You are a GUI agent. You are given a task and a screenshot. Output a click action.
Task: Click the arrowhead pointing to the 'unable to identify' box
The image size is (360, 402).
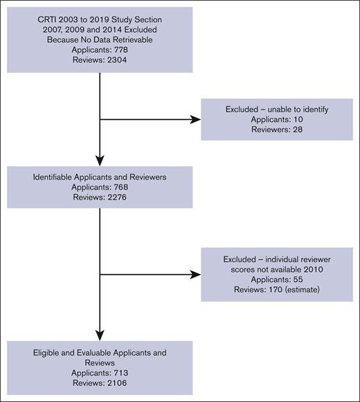pos(195,119)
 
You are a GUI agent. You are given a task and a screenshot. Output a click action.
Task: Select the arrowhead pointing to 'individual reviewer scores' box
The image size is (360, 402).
pos(195,274)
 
